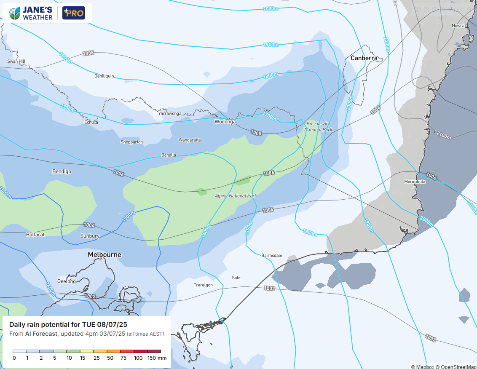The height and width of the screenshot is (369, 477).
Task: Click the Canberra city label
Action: tap(364, 58)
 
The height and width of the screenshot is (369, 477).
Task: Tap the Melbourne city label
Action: tap(105, 254)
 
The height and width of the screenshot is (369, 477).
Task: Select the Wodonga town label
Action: tap(225, 122)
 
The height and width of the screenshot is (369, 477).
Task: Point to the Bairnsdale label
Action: tap(272, 256)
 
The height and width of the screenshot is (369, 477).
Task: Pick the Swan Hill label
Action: tap(16, 61)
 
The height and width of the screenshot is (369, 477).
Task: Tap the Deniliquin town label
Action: tap(104, 76)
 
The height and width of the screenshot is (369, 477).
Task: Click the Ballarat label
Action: tap(35, 234)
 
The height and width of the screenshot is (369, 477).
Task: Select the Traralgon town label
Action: tap(203, 285)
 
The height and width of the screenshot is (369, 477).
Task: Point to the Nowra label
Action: tap(458, 26)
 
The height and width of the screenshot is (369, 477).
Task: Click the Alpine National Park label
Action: tap(236, 196)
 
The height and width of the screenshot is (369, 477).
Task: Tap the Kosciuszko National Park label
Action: tap(319, 127)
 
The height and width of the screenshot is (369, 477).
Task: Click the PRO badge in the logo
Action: tap(74, 13)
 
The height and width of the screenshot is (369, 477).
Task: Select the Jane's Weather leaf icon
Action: tap(15, 13)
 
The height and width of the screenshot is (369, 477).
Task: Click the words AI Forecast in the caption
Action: tap(41, 334)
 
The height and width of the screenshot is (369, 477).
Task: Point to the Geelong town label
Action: tap(67, 281)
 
